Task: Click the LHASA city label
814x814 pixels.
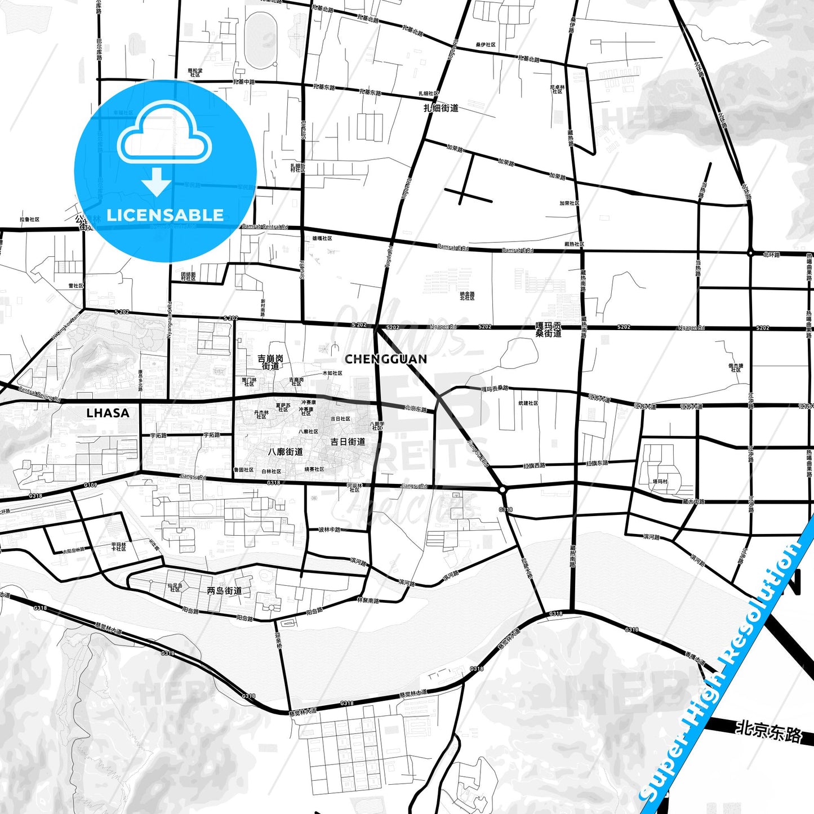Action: click(x=108, y=413)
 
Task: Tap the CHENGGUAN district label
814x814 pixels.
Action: click(x=385, y=359)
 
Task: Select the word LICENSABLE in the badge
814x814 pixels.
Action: click(x=165, y=215)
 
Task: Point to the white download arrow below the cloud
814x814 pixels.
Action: click(x=157, y=181)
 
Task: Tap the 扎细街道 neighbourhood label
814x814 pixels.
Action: click(x=441, y=108)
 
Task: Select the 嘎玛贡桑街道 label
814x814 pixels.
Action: click(x=548, y=330)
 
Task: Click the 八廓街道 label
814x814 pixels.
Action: click(x=286, y=452)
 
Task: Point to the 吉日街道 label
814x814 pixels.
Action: click(x=348, y=442)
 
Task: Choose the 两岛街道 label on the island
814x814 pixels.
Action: click(x=224, y=590)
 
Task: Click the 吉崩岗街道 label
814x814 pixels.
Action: click(x=270, y=362)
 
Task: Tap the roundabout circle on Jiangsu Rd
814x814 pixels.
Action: click(x=503, y=490)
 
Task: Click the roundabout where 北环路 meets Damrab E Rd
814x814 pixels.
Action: click(x=750, y=253)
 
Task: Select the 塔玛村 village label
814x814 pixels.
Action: click(x=660, y=482)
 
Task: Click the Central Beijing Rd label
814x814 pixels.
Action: click(x=39, y=393)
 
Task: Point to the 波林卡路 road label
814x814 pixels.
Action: click(x=330, y=530)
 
